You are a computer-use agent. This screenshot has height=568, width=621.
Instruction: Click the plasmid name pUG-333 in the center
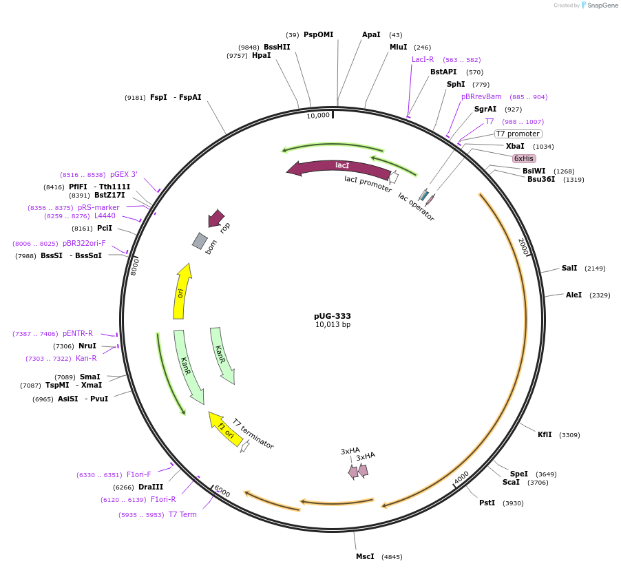click(333, 316)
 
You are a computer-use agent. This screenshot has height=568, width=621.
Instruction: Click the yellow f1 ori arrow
click(226, 428)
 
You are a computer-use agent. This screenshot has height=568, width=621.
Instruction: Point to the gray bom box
click(200, 241)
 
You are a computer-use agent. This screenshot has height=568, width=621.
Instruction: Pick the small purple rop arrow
click(217, 218)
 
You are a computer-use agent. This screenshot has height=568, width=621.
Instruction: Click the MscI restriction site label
click(365, 556)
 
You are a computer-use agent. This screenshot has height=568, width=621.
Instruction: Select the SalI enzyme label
click(569, 268)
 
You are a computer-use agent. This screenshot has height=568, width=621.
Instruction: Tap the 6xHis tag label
click(524, 158)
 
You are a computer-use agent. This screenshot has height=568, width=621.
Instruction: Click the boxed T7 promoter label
click(518, 134)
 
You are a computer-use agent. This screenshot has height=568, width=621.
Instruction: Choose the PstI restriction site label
click(487, 503)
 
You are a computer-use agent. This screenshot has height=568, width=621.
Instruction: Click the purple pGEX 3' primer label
click(124, 174)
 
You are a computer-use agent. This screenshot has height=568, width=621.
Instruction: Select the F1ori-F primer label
click(138, 474)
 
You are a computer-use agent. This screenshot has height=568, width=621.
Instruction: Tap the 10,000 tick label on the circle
click(318, 116)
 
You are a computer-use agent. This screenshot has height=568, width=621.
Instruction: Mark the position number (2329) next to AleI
click(597, 295)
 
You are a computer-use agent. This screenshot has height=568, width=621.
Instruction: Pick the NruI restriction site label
click(87, 346)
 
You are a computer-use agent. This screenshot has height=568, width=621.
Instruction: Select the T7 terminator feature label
click(253, 434)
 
